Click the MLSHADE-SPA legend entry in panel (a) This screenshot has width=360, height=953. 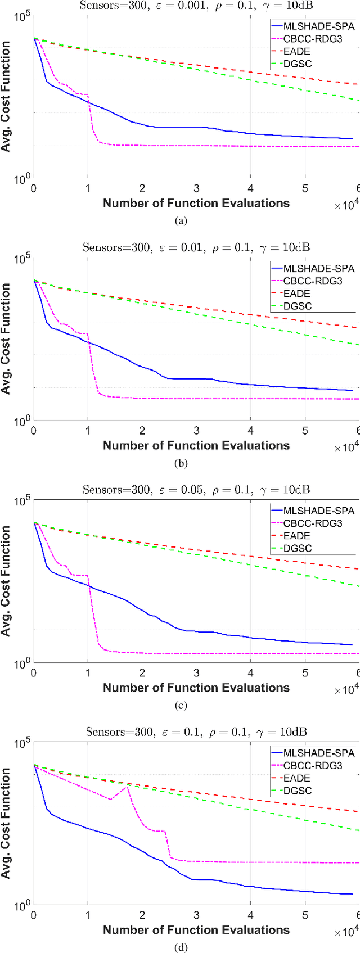coord(318,26)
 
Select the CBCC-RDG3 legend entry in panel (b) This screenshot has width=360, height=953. coord(318,281)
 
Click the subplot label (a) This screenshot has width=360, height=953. coord(181,221)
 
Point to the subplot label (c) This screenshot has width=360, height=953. coord(181,706)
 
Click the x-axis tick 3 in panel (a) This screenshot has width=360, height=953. coord(196,188)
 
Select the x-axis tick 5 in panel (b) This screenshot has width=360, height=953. coord(305,431)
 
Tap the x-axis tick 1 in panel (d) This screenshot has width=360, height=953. coord(88,915)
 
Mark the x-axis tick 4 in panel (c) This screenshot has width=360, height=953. coord(251,673)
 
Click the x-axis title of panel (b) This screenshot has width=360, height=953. coord(196,446)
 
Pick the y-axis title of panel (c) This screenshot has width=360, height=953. coord(6,581)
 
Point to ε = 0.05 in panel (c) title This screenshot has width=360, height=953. coord(180,490)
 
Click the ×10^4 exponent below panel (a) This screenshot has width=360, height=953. coord(346,206)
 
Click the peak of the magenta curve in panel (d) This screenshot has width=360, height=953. coord(127,785)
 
